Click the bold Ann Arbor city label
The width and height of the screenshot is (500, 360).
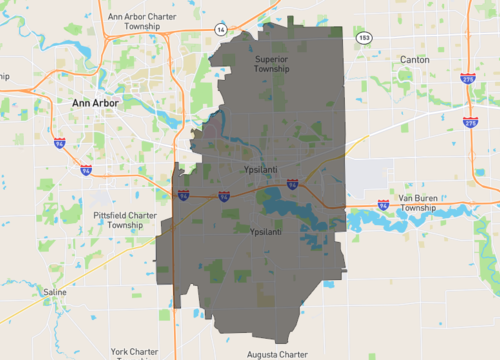pyautogui.click(x=94, y=103)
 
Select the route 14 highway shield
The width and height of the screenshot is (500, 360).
pyautogui.click(x=220, y=32)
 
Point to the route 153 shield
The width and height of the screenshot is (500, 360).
pyautogui.click(x=365, y=37)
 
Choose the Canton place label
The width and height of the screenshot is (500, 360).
pyautogui.click(x=414, y=60)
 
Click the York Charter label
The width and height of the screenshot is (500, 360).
pyautogui.click(x=135, y=352)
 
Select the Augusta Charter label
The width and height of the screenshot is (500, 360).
pyautogui.click(x=278, y=354)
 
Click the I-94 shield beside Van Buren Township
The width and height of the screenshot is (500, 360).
pyautogui.click(x=383, y=204)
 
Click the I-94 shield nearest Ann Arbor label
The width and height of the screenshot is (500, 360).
pyautogui.click(x=60, y=143)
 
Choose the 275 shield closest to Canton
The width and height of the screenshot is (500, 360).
pyautogui.click(x=470, y=79)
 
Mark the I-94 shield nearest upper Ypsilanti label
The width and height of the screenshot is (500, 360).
pyautogui.click(x=292, y=184)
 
